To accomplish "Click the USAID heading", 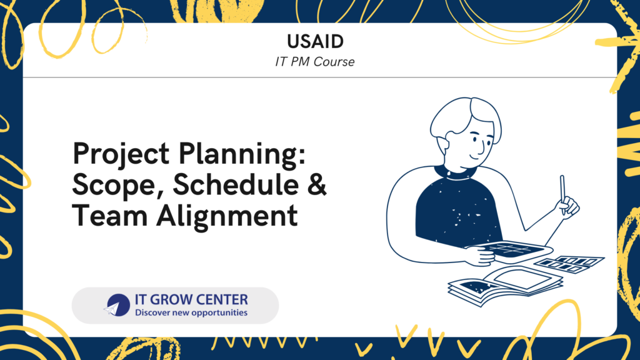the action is point(315,41).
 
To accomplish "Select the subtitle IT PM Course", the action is point(315,62).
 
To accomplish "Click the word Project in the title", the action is point(121,155).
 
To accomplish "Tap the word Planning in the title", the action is point(242,155).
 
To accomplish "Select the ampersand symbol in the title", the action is point(317,184).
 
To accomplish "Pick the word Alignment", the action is point(227,217).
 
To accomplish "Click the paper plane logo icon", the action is point(117,305).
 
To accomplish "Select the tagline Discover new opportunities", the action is point(191,312).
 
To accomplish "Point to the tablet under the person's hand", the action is point(510,250).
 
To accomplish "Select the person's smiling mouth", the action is point(474,156).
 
